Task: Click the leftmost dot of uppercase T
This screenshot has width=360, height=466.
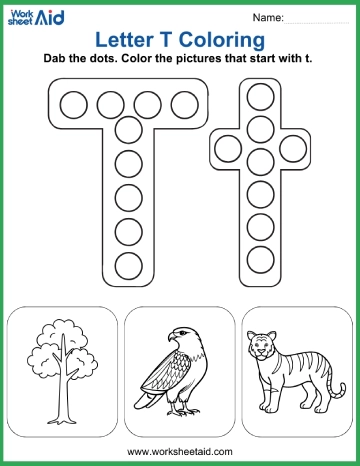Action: point(74,103)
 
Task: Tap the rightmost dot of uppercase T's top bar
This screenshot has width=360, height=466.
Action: point(183,103)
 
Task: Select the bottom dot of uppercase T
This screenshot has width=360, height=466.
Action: point(129,266)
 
